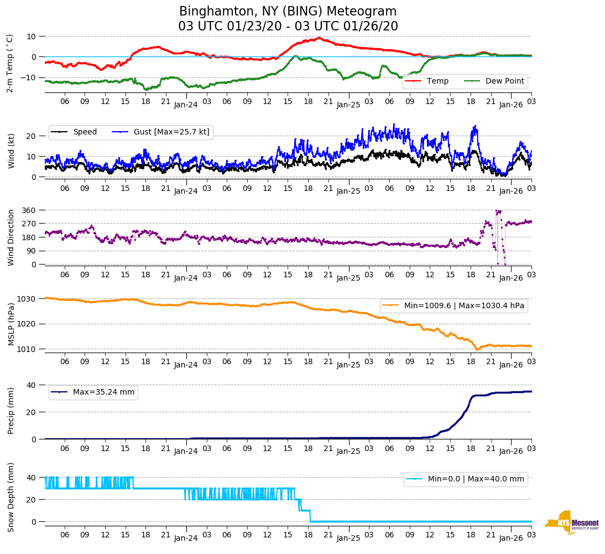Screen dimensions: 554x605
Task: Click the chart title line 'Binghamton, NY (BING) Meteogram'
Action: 288,12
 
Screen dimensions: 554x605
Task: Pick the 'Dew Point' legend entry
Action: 504,81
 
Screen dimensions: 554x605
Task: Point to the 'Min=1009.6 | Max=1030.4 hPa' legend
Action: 453,306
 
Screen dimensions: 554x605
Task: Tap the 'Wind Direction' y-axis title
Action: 11,237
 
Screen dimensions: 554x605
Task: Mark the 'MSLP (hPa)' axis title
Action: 11,324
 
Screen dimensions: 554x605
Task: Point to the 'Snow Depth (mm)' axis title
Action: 11,496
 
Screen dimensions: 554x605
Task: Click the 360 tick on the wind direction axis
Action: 29,210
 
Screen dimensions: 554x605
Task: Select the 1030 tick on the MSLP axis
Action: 29,299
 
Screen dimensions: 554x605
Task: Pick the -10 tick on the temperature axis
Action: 27,77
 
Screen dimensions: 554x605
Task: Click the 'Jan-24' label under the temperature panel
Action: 186,105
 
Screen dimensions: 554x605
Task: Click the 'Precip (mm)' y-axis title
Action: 11,412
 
